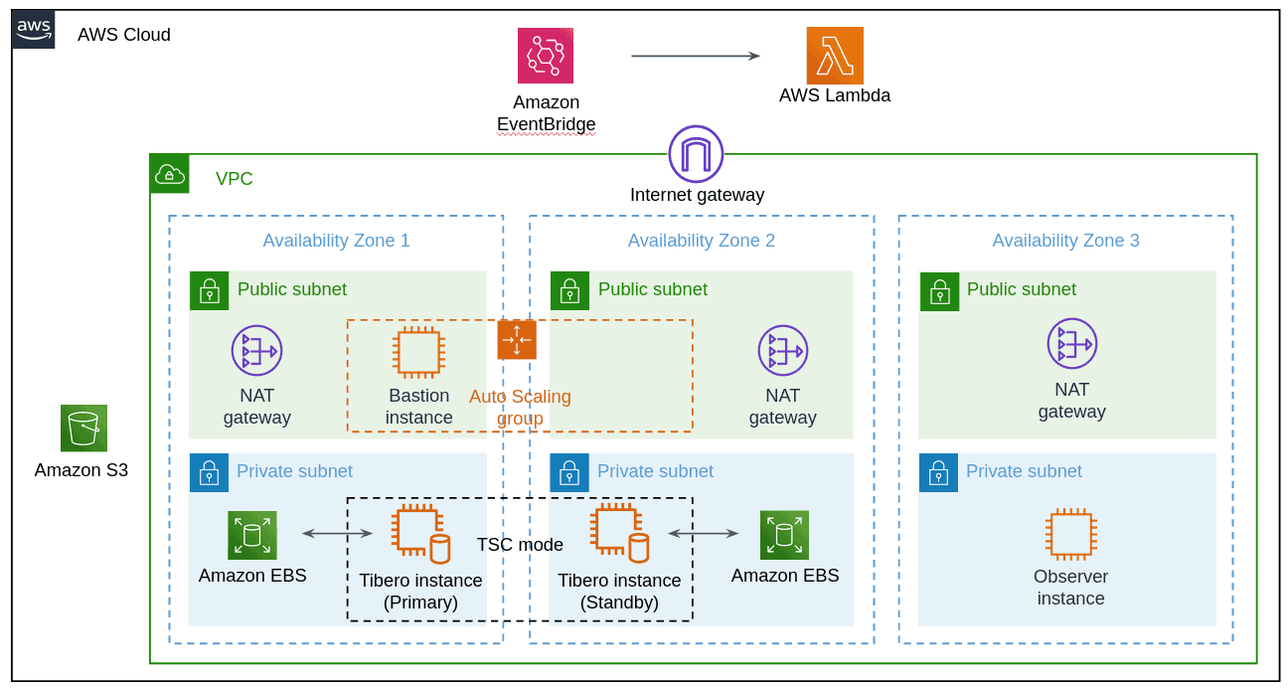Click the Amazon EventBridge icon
pos(545,56)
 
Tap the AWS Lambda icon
pos(835,56)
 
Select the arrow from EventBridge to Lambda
pos(696,56)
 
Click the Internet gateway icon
pos(696,154)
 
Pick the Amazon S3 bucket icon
pos(83,429)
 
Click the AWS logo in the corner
pos(34,30)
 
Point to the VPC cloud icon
pos(169,174)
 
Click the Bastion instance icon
pos(418,353)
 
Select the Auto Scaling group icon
pos(517,340)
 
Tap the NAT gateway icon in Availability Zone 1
pos(256,350)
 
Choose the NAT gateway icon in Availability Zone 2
pos(782,350)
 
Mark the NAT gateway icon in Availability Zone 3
pos(1071,344)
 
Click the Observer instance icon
pos(1070,535)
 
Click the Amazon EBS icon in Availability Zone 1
pos(251,536)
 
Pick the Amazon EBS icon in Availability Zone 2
pos(784,535)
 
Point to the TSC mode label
pos(520,545)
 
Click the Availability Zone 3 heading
pos(1065,241)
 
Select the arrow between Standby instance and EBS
pos(703,534)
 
